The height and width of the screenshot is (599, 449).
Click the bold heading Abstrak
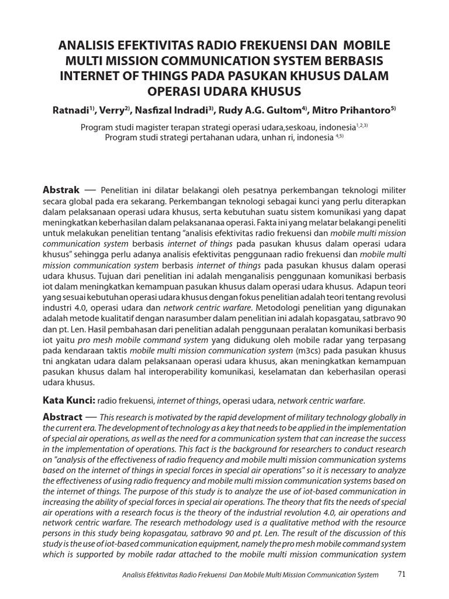[x=61, y=190]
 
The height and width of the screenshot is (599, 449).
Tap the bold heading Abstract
[x=63, y=417]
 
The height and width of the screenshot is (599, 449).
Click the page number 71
[x=401, y=574]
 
